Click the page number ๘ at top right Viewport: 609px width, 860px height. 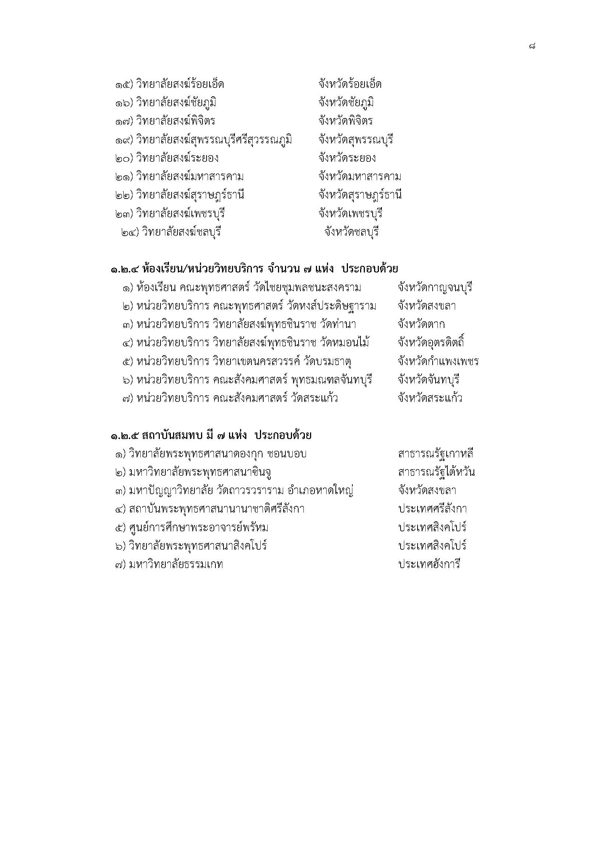532,46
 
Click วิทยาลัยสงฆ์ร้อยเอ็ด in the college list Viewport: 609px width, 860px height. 180,84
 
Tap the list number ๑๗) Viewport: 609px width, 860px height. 124,121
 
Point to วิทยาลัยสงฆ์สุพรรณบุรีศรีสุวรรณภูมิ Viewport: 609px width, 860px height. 214,140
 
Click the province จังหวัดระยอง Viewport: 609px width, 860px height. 347,158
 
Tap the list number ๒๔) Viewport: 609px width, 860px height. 130,232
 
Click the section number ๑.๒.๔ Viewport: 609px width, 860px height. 125,269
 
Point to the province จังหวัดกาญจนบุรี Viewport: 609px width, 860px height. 434,288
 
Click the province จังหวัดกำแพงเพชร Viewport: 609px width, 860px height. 438,361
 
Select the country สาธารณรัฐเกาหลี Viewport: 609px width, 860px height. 436,454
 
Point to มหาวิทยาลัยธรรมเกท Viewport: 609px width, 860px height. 176,564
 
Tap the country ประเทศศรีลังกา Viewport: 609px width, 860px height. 432,509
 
